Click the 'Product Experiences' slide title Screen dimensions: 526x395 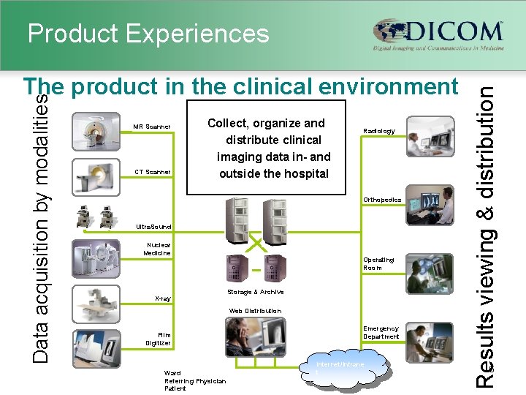(x=148, y=33)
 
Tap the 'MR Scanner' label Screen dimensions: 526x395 (x=152, y=127)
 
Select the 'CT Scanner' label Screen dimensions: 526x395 (x=152, y=173)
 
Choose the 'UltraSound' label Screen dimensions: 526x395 (x=153, y=227)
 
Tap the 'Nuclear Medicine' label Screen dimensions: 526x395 (x=159, y=249)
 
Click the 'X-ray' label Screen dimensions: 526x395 (x=163, y=298)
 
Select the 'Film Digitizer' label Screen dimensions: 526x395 (x=159, y=339)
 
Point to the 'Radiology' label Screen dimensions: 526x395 (x=379, y=132)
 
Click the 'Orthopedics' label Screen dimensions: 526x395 (x=382, y=200)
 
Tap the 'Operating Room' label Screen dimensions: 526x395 (x=378, y=263)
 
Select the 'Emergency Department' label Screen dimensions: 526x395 (x=381, y=332)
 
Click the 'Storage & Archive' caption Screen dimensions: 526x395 (x=256, y=293)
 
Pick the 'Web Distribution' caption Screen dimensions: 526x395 (x=255, y=311)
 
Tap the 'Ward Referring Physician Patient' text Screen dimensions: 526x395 (x=195, y=380)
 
